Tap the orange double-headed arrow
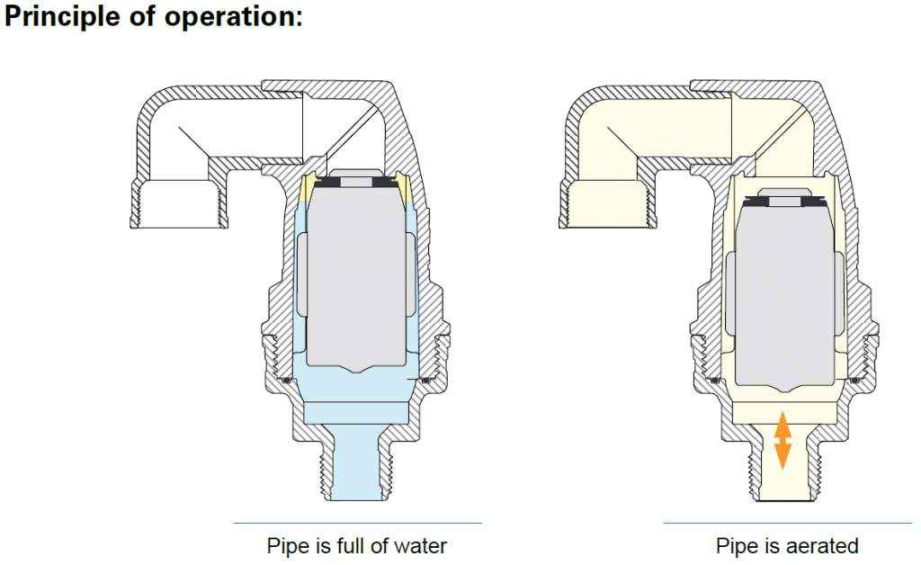(782, 440)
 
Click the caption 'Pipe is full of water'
(357, 546)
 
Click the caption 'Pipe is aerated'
(787, 546)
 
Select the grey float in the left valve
(357, 270)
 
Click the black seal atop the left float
(357, 183)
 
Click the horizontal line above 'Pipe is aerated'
(787, 523)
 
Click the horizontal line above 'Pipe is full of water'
(357, 523)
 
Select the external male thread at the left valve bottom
(328, 468)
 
